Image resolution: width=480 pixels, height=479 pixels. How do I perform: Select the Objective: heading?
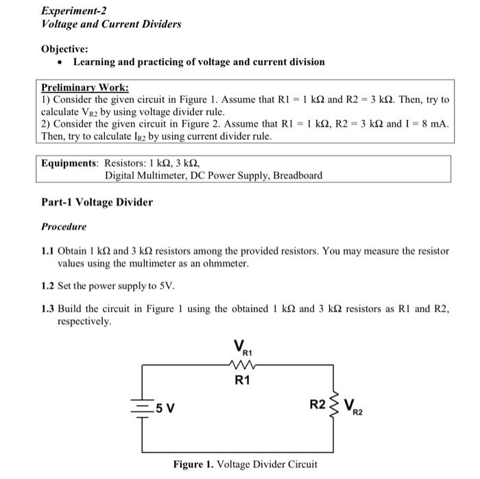[65, 49]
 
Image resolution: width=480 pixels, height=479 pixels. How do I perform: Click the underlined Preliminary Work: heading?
[84, 88]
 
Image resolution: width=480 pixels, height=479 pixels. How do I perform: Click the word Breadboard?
[298, 175]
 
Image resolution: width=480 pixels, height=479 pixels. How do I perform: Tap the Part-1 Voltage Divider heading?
[97, 202]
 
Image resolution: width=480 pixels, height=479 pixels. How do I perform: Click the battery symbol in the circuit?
[143, 409]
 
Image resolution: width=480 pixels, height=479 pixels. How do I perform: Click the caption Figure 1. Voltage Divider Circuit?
[245, 465]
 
